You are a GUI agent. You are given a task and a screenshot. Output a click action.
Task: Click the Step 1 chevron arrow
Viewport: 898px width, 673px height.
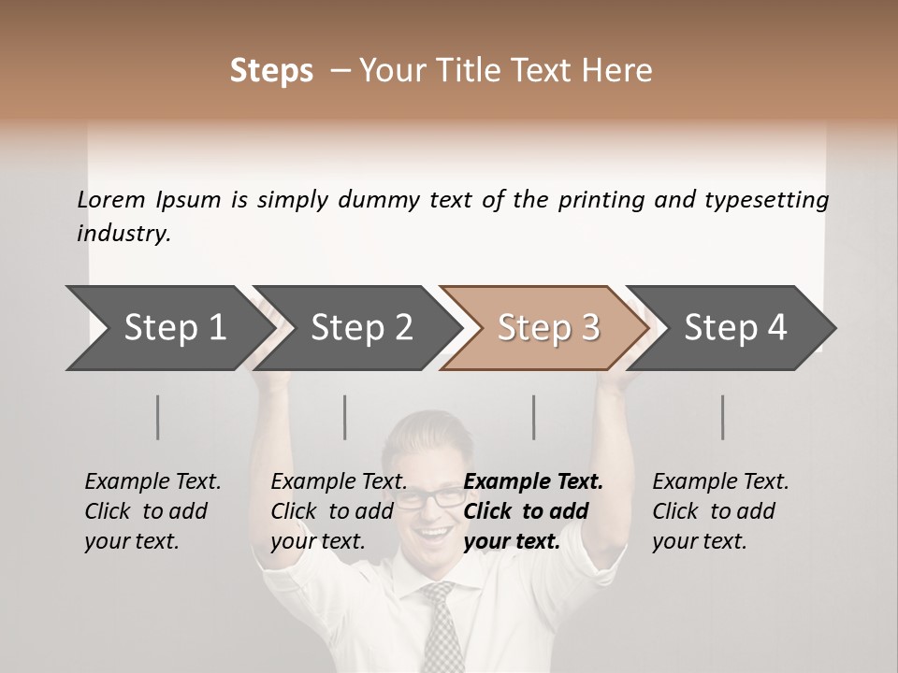click(168, 328)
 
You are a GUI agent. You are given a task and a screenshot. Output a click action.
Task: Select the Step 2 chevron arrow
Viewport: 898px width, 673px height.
click(357, 328)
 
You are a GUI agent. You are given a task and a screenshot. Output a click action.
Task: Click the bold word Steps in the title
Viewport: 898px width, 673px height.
click(271, 71)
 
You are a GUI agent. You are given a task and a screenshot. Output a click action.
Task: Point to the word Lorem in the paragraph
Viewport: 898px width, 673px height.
click(110, 200)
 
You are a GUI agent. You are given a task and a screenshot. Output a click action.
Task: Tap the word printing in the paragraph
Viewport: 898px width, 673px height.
click(602, 200)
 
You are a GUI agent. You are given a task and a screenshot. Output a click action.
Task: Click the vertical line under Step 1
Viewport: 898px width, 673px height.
click(158, 417)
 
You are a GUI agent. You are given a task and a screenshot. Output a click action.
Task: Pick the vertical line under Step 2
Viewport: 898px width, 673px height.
click(345, 417)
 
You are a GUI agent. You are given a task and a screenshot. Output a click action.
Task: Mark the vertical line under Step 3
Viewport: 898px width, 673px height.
click(534, 417)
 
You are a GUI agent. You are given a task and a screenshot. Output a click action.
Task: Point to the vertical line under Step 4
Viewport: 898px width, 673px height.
click(723, 417)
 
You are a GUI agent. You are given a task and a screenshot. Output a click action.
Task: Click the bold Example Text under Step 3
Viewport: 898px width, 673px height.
click(533, 482)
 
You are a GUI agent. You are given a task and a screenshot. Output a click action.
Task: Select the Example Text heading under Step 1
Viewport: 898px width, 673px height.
click(152, 482)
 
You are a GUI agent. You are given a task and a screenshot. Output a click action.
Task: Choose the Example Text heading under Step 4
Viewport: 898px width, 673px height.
click(720, 482)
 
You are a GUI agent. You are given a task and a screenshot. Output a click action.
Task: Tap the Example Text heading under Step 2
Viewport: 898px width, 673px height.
click(339, 482)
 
